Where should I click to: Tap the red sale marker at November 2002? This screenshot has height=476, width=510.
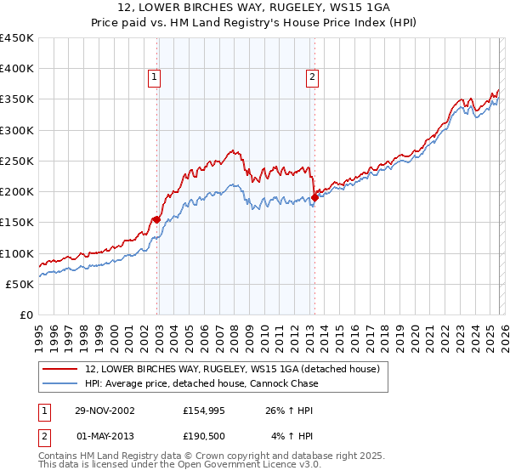(157, 219)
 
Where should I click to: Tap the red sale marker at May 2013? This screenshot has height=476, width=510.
(314, 198)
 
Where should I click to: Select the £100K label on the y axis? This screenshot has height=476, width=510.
(17, 253)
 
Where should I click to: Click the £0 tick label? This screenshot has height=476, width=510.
(25, 314)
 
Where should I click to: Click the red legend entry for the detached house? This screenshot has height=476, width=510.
(237, 369)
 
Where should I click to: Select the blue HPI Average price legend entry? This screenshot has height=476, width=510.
(201, 383)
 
